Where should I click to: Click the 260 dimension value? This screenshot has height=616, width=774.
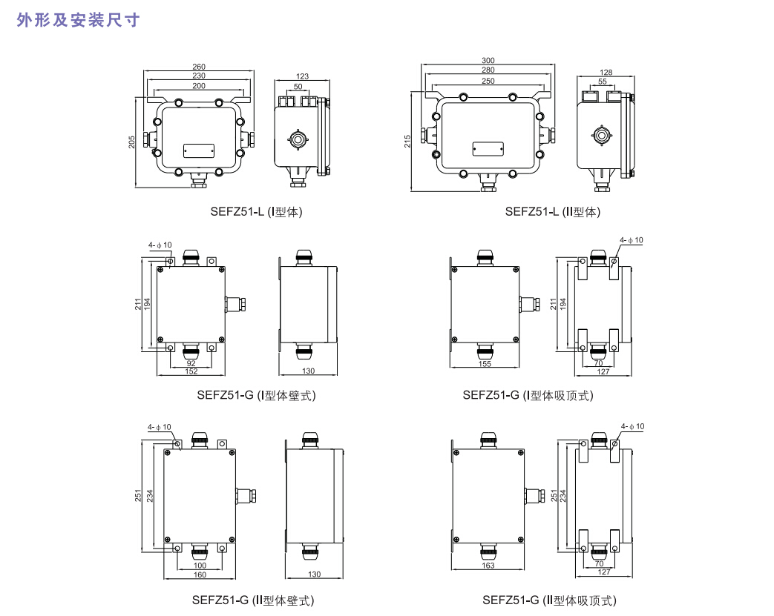(199, 67)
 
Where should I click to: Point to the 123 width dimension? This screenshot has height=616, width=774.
(302, 76)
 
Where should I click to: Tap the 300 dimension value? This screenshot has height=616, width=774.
(488, 60)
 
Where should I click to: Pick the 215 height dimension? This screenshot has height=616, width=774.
(407, 141)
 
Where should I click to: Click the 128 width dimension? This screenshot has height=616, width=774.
(606, 72)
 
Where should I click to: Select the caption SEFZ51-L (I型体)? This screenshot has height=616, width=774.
(257, 212)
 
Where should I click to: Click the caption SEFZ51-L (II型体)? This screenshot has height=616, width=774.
(553, 212)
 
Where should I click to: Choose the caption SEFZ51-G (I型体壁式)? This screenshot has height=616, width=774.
(257, 395)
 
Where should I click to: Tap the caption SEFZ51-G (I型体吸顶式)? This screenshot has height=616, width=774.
(528, 395)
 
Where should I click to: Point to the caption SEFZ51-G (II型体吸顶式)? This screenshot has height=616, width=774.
(549, 600)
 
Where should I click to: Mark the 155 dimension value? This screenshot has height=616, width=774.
(485, 364)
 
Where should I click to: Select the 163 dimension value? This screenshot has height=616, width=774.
(488, 566)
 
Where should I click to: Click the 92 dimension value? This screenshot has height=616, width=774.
(191, 363)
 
